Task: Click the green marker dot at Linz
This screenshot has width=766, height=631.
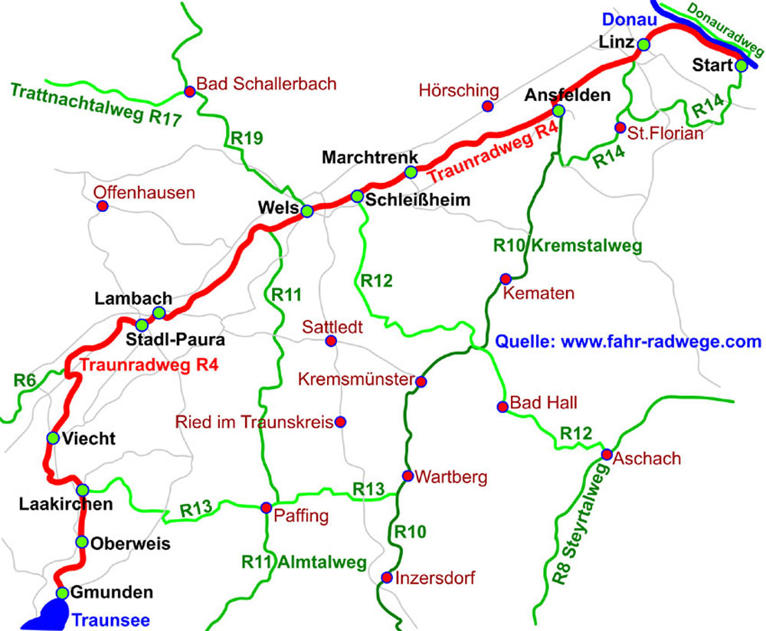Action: (643, 45)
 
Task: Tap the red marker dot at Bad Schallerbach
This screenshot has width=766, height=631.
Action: (190, 91)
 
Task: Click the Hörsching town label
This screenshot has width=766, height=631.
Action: (459, 91)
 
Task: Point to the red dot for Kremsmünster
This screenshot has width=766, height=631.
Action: (421, 381)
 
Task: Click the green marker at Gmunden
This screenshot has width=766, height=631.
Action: (63, 593)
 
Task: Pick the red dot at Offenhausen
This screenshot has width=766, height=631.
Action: (101, 206)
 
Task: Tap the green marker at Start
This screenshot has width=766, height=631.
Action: (741, 66)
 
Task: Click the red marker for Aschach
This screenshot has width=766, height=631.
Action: (607, 455)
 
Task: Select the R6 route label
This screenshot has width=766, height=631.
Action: (25, 380)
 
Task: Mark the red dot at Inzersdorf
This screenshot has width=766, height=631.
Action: (386, 577)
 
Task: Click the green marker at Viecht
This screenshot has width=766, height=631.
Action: (53, 438)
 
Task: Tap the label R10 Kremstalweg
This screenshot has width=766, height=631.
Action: (567, 247)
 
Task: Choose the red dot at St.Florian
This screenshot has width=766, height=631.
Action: (620, 127)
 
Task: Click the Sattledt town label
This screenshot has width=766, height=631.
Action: (330, 325)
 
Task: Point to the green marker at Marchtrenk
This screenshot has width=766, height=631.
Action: (411, 172)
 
